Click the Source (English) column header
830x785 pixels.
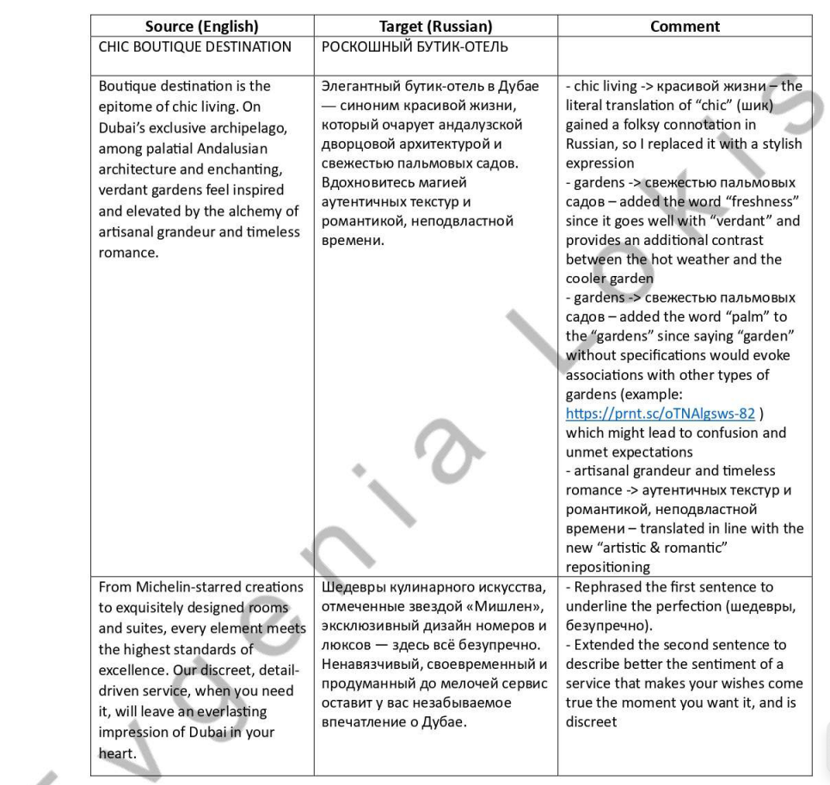pyautogui.click(x=202, y=27)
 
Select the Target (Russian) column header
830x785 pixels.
pyautogui.click(x=435, y=27)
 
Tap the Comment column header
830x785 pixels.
pyautogui.click(x=685, y=27)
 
